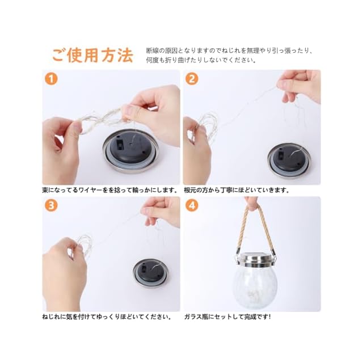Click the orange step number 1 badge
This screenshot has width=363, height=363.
coord(51,79)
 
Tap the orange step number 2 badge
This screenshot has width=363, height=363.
coord(192,79)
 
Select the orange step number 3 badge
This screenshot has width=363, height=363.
coord(51,205)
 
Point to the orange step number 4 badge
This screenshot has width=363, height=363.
coord(192,205)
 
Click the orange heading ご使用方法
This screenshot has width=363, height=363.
coord(92,56)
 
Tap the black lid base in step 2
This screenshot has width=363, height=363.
coord(289,158)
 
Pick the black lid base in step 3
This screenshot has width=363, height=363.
coord(150,273)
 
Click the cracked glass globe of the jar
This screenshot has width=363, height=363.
coord(255,288)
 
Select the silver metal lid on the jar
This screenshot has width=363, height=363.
coord(255,260)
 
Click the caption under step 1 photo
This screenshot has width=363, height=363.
coord(109,190)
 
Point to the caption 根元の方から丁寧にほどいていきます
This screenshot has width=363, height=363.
coord(237,190)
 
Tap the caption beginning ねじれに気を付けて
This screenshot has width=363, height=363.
coord(107,316)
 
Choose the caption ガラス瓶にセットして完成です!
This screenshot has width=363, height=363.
coord(227,316)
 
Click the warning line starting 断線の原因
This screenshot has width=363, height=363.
coord(230,50)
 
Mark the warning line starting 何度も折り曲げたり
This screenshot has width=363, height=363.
coord(201,60)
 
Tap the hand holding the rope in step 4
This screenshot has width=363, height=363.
coord(251,202)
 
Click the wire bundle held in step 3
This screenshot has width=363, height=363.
coord(83,243)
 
